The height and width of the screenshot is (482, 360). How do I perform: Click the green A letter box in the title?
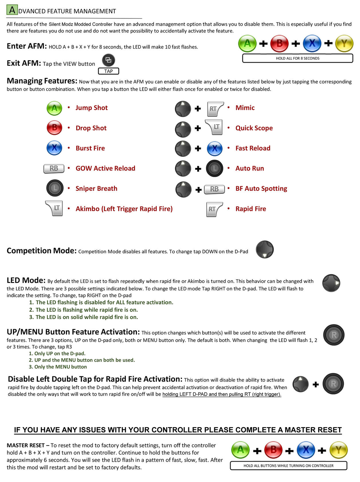tap(12, 10)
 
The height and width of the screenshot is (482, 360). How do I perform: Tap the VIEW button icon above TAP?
tap(108, 60)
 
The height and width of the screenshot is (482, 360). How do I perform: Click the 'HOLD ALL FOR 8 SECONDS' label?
tap(297, 58)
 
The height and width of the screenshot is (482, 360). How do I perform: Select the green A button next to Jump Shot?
tap(54, 108)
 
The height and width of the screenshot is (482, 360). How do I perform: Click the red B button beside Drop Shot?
tap(54, 128)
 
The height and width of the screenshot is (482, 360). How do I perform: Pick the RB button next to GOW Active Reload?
tap(54, 168)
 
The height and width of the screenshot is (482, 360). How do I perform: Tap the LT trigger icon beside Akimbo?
tap(54, 208)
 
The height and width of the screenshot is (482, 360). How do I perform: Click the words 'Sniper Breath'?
tap(96, 189)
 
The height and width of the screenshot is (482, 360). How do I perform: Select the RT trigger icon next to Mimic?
tap(215, 109)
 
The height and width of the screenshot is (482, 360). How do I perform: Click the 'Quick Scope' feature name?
tap(254, 128)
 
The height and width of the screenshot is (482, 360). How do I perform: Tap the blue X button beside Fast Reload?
tap(215, 149)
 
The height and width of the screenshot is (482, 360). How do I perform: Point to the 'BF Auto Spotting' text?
tap(261, 189)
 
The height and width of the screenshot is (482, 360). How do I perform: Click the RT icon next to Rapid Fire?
tap(214, 209)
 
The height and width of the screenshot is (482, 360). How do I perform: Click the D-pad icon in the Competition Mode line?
tap(265, 249)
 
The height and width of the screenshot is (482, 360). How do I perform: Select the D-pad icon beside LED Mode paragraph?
tap(331, 283)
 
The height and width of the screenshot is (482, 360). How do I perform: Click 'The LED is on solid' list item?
tap(87, 317)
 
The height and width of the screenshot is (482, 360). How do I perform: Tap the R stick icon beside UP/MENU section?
tap(334, 335)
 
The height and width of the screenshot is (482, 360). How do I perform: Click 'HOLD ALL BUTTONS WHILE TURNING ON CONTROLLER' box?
tap(288, 465)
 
